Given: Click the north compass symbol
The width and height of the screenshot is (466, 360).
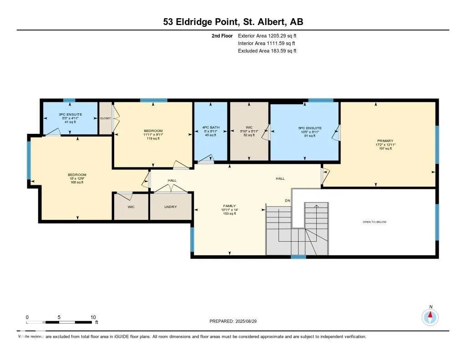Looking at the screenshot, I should (x=430, y=316).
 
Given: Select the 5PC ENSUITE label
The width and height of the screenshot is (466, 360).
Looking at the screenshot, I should (x=310, y=128).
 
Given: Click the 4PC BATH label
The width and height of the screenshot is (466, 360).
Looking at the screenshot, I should (x=210, y=127).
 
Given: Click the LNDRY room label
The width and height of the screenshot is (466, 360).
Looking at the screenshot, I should (x=171, y=207).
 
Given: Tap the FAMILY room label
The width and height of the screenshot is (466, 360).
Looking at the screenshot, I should (x=229, y=205).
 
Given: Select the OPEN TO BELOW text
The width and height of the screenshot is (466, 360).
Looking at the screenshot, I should (x=374, y=222).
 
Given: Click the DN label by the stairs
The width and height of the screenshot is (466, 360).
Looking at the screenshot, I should (x=287, y=201).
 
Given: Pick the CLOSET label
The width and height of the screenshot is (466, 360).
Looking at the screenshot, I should (x=106, y=118).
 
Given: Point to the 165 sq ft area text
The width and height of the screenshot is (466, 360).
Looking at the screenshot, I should (x=77, y=183).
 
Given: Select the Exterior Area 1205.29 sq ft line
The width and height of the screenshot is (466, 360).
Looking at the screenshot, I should (x=267, y=35).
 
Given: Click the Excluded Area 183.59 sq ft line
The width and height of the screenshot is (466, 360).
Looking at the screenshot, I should (x=267, y=51).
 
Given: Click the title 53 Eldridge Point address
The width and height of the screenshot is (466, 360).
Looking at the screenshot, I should (x=233, y=21).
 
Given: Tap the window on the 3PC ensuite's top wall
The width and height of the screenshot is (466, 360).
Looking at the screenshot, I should (x=69, y=101).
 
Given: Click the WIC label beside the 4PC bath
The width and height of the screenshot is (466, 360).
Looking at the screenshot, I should (x=248, y=127).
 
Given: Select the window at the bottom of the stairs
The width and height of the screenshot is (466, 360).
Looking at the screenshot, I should (x=298, y=257).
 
